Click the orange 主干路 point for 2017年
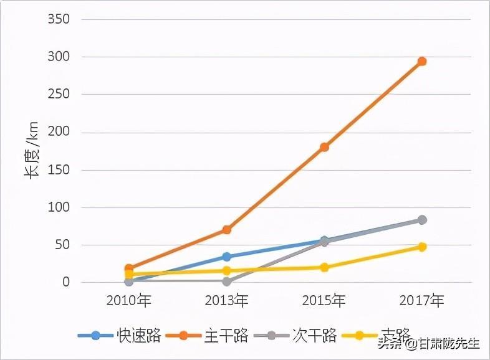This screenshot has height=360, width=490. (x=422, y=61)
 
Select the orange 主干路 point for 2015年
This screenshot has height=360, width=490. (x=324, y=147)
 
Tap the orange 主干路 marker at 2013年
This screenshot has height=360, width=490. (x=226, y=230)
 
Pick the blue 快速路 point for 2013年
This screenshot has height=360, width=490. (x=226, y=257)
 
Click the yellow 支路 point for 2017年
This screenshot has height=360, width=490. (x=422, y=247)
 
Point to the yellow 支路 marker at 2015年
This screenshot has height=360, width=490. (x=324, y=267)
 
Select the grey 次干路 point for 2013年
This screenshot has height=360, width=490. (x=226, y=282)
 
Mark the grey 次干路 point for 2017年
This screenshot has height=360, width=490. (x=422, y=220)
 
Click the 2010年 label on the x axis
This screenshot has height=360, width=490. (x=128, y=301)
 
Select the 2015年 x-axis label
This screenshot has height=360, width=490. (x=324, y=301)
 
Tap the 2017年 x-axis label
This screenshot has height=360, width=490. (x=422, y=301)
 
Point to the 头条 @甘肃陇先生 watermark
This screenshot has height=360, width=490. (x=429, y=343)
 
